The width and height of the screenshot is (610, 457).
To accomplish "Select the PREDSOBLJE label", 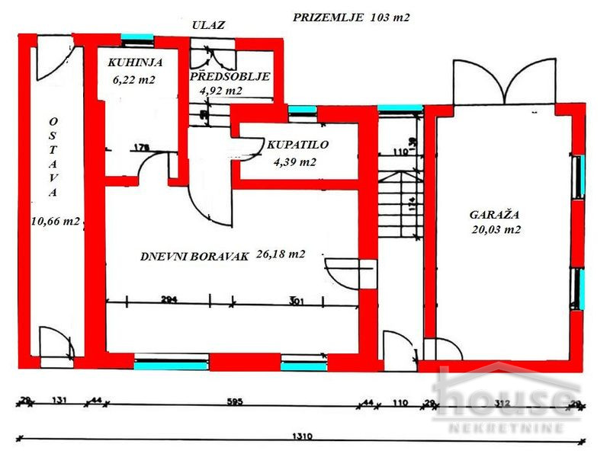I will tap(230, 77).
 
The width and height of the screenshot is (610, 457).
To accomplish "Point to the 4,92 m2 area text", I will tap(221, 91).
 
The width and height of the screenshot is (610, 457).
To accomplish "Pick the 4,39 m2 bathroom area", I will tap(294, 161).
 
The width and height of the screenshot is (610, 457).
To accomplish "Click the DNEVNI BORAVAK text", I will tap(194, 257).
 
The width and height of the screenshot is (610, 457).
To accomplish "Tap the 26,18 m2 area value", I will tap(281, 254).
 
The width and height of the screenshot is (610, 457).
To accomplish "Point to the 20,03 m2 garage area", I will tap(496, 229).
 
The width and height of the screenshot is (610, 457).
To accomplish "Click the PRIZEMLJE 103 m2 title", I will tap(352, 18).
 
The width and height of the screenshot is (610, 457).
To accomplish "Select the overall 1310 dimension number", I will tap(304, 438).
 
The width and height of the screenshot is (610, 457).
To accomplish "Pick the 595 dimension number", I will tap(233, 403).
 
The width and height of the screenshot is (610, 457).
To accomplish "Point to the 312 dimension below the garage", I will tap(502, 403).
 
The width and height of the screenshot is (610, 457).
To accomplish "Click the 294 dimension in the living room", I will tap(169, 300).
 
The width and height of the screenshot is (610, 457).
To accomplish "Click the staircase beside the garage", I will tap(400, 206).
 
